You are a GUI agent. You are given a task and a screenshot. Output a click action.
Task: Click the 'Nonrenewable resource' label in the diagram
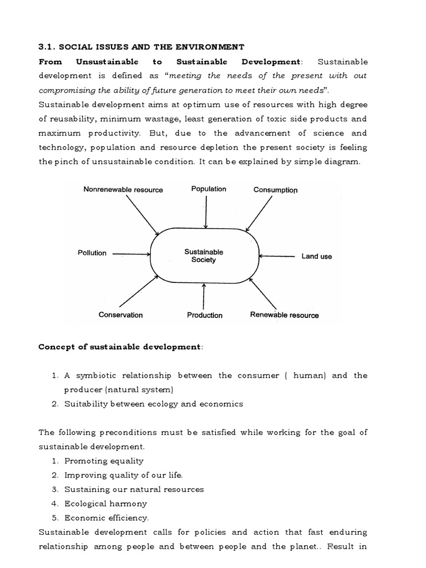123,190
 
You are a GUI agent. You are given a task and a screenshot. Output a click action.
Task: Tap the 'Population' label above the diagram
209,189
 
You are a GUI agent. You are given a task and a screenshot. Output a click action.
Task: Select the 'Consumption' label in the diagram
275,190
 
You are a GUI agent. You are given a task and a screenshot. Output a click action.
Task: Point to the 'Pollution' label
92,253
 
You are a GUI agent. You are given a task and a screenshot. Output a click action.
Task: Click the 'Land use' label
317,256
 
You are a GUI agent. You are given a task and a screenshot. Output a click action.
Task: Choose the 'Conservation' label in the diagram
120,315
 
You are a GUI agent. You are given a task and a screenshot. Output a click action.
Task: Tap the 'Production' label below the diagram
205,315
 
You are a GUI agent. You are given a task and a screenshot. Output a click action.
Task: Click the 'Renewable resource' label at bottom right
285,315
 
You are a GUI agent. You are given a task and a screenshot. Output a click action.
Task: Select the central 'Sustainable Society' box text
204,256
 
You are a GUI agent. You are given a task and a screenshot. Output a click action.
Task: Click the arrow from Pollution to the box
131,254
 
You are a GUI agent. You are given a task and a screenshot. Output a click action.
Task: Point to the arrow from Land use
277,256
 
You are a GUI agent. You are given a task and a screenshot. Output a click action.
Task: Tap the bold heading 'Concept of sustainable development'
119,347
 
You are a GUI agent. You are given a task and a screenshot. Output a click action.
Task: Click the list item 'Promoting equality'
104,461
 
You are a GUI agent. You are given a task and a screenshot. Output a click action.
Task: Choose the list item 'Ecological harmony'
106,504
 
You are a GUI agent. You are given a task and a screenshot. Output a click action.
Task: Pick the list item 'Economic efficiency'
106,518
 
